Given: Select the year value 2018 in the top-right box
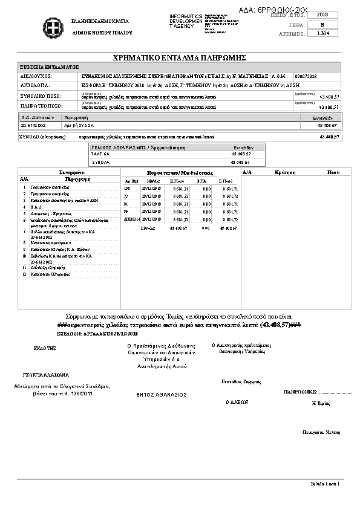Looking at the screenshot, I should pos(322,14).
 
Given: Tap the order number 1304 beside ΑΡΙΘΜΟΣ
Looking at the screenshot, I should pos(322,33).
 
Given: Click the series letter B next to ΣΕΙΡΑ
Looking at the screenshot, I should pos(322,24).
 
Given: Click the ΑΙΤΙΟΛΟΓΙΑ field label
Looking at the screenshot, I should pos(36,86).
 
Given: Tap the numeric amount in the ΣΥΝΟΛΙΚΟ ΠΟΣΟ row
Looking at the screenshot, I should pos(329,97).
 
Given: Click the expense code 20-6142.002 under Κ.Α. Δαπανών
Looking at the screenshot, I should pos(33,125).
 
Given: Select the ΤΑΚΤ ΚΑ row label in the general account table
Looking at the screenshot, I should pos(100,154).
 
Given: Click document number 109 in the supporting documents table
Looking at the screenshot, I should pos(127,188).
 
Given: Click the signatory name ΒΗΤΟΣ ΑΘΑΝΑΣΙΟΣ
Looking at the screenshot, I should pos(162,394).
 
